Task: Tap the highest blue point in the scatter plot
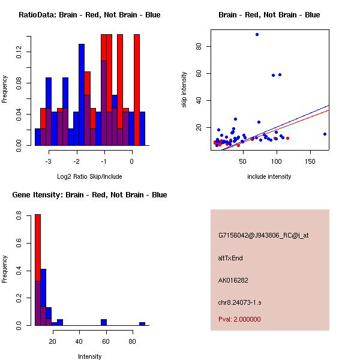[x=257, y=35]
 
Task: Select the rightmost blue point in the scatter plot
[x=325, y=134]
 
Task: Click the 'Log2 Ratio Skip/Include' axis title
[x=89, y=176]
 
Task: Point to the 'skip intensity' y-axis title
[x=184, y=89]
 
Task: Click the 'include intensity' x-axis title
[x=269, y=176]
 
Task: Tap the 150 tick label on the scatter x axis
[x=311, y=161]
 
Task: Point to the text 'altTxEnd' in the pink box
[x=230, y=258]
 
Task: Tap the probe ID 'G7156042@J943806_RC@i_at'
[x=263, y=236]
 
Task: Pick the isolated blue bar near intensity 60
[x=104, y=322]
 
